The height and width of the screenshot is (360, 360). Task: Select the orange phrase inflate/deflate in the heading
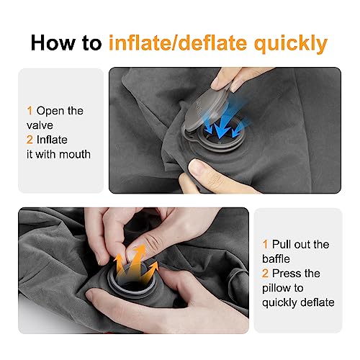(184, 42)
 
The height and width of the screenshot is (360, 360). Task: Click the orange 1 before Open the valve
(30, 111)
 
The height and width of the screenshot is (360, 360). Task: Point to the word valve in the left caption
(40, 125)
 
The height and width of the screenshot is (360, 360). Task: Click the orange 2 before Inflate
(30, 140)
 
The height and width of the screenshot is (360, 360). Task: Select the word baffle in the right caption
(282, 259)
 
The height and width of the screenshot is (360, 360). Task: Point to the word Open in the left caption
(50, 111)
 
